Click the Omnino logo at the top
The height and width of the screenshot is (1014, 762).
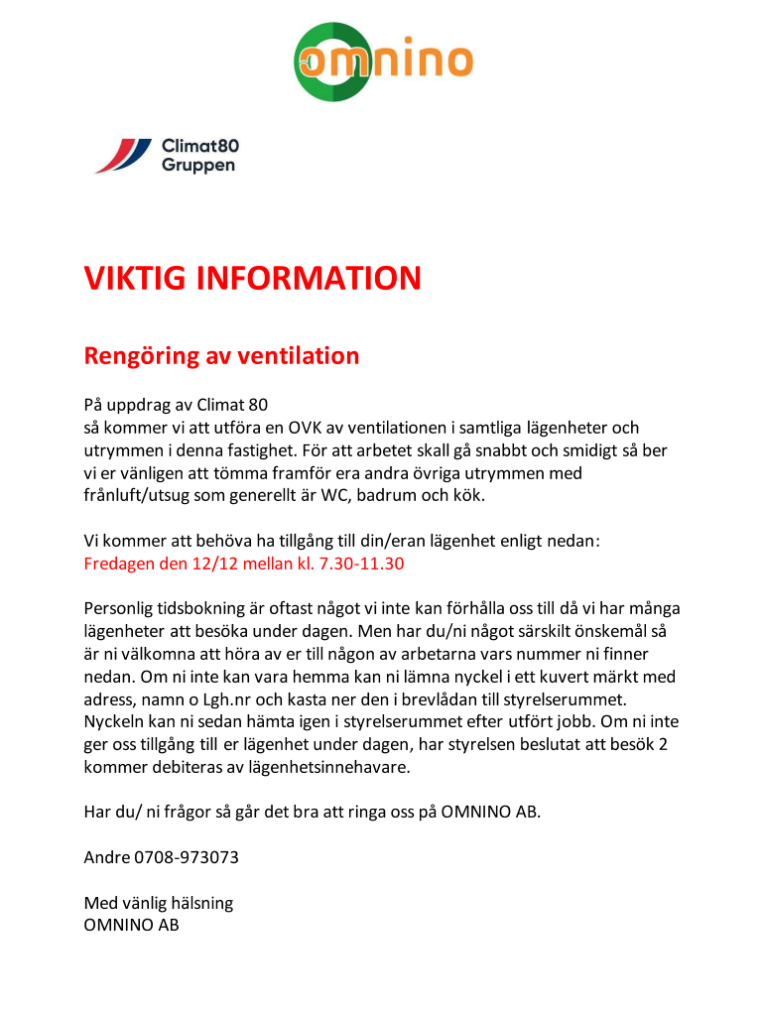tap(382, 62)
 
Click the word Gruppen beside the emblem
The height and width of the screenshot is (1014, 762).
tap(198, 165)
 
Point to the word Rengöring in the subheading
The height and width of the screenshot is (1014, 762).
tap(142, 355)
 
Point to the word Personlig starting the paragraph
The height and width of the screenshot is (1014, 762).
tap(119, 608)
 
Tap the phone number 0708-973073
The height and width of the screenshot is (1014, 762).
tap(187, 856)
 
